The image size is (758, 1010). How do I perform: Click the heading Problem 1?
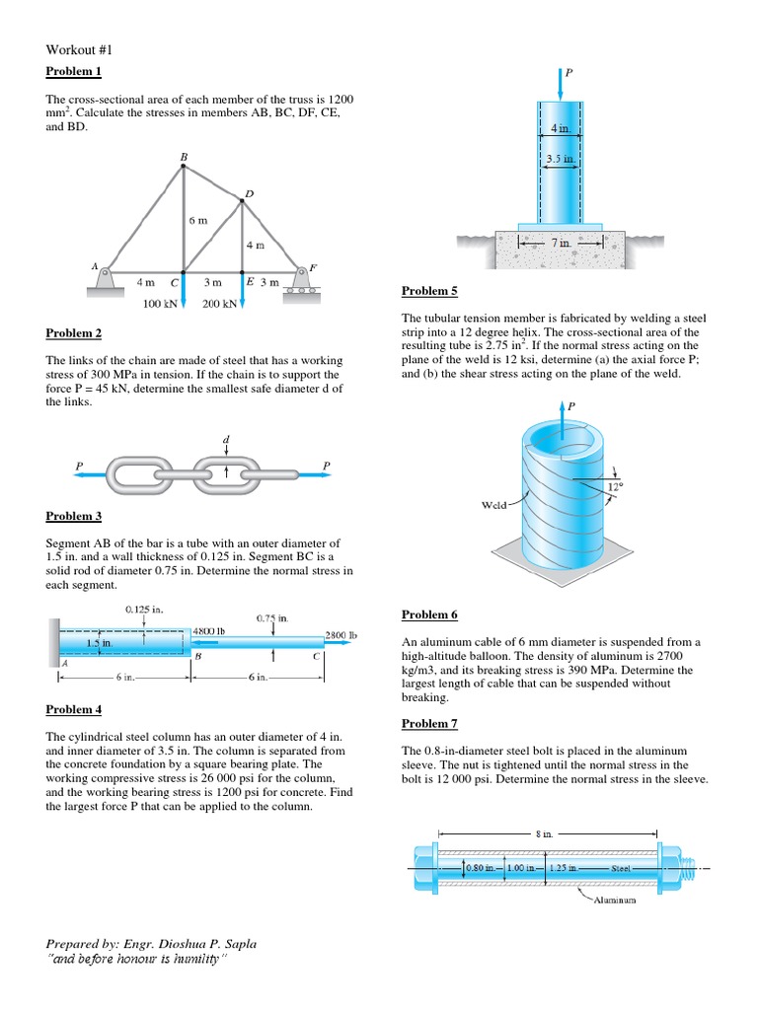(x=74, y=71)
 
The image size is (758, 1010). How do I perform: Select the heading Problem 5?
(x=429, y=291)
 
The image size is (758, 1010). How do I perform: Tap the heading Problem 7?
(x=429, y=723)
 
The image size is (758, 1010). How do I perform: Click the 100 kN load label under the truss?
(x=160, y=305)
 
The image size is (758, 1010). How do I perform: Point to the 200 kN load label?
(x=219, y=305)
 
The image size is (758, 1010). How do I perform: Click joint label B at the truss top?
(x=183, y=157)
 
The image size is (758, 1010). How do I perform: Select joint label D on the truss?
(x=248, y=193)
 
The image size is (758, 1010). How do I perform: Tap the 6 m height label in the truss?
(x=198, y=220)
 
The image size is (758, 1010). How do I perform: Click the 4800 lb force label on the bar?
(x=209, y=629)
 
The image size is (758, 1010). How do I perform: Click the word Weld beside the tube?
(x=494, y=505)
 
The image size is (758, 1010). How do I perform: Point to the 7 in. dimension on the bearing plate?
(x=560, y=243)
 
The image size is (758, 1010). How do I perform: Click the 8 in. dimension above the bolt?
(x=544, y=833)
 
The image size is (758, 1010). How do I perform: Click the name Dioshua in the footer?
(x=166, y=944)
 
